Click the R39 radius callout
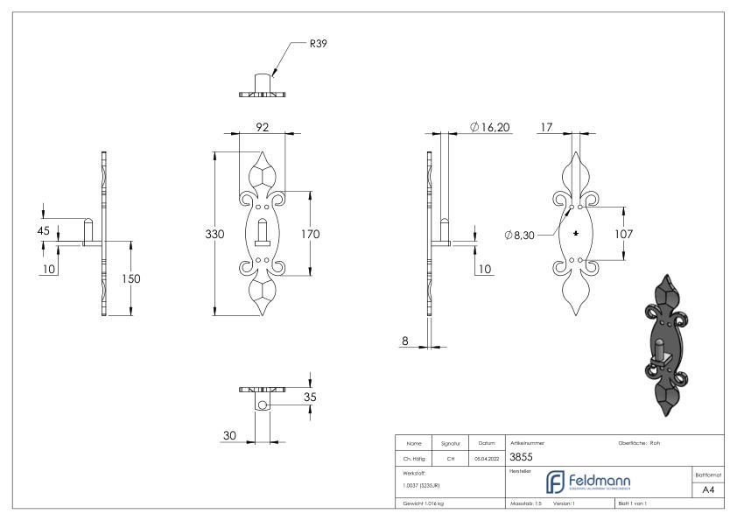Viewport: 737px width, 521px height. pyautogui.click(x=318, y=42)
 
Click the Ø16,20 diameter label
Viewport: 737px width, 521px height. pyautogui.click(x=489, y=128)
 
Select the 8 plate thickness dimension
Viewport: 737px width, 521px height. pyautogui.click(x=404, y=341)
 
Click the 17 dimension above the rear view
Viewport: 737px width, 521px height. pyautogui.click(x=546, y=128)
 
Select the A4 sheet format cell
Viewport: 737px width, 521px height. pyautogui.click(x=708, y=491)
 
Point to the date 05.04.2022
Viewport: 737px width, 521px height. pyautogui.click(x=487, y=457)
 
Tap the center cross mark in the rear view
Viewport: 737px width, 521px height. pyautogui.click(x=575, y=235)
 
